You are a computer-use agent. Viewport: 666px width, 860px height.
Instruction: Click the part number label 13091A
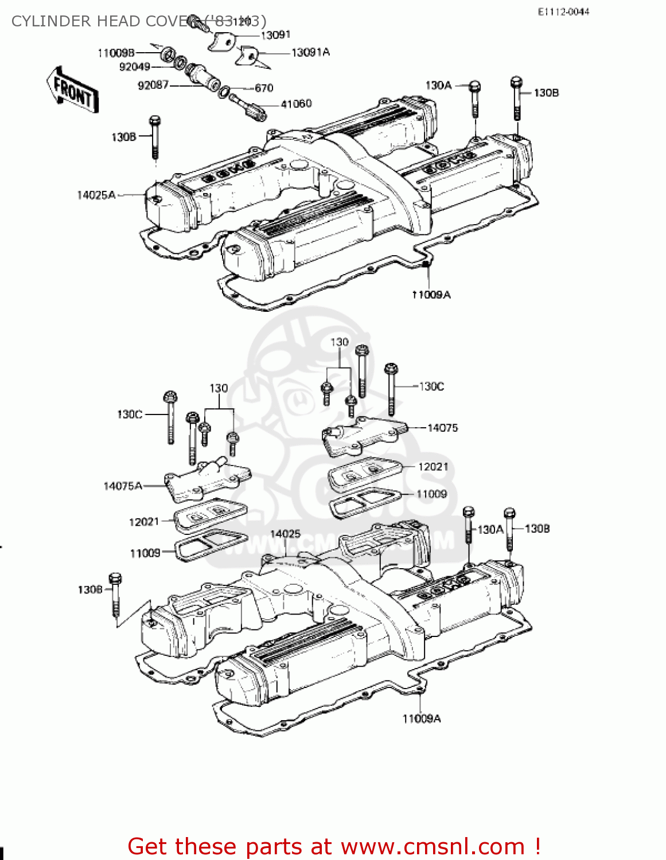click(x=310, y=53)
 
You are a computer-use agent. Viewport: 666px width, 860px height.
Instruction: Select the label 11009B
click(x=116, y=53)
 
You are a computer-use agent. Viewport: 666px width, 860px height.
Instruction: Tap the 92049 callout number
click(x=134, y=67)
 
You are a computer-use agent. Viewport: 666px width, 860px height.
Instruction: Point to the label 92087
click(x=153, y=85)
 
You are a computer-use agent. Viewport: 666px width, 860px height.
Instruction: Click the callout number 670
click(x=264, y=88)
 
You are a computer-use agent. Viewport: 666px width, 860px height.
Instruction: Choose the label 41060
click(x=296, y=104)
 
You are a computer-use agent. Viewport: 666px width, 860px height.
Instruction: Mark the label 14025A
click(x=96, y=196)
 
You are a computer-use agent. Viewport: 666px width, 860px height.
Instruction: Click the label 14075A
click(x=123, y=486)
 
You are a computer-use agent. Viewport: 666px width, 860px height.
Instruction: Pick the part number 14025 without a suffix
click(x=285, y=534)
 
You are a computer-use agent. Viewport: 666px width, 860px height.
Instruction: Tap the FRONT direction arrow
click(x=72, y=90)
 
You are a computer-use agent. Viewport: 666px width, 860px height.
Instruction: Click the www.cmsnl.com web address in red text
click(x=433, y=847)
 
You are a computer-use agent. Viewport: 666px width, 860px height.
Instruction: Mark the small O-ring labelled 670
click(x=225, y=92)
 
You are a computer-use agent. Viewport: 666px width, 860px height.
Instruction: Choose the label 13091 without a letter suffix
click(x=275, y=36)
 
